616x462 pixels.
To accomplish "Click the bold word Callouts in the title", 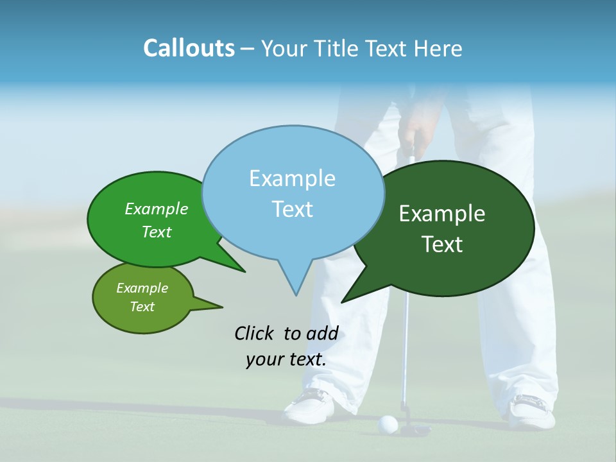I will pyautogui.click(x=189, y=49).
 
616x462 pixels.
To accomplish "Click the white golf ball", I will pyautogui.click(x=388, y=423).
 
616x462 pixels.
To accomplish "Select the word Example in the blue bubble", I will pyautogui.click(x=292, y=178).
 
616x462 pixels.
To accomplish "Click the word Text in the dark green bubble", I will pyautogui.click(x=442, y=244).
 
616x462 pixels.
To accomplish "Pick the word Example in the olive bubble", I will pyautogui.click(x=142, y=288).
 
